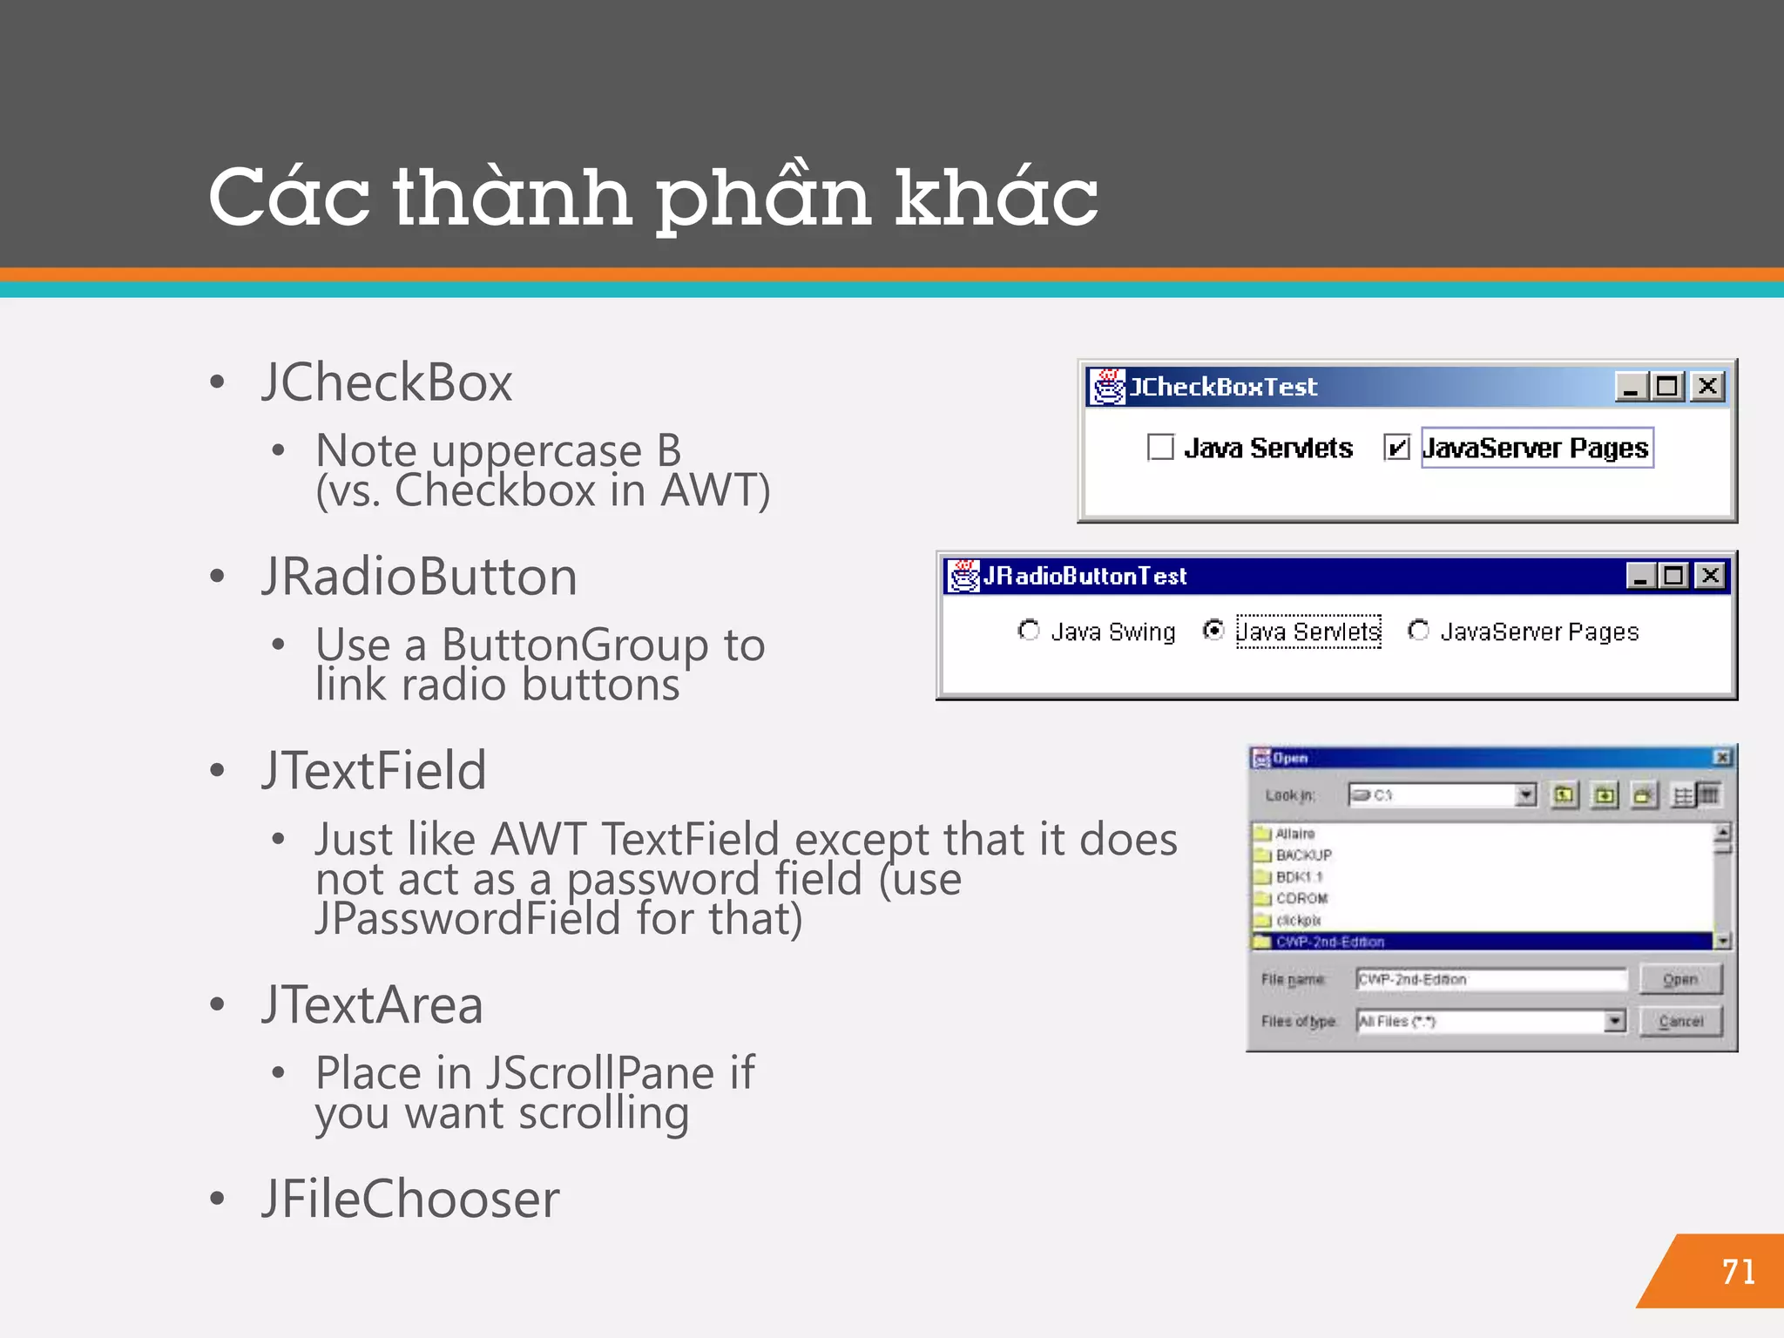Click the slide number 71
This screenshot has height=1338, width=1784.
tap(1739, 1272)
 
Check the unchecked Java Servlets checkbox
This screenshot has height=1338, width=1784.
tap(1160, 448)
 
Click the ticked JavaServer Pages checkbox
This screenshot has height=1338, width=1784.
tap(1396, 448)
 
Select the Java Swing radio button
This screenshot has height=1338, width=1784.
tap(1029, 630)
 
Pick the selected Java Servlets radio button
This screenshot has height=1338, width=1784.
tap(1213, 630)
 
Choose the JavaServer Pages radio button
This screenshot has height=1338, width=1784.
tap(1418, 630)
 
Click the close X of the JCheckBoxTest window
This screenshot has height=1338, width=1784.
tap(1708, 386)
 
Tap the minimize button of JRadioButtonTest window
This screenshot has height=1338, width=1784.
tap(1641, 576)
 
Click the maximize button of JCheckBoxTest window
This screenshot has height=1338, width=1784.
tap(1667, 386)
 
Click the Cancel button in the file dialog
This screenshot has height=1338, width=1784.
tap(1680, 1021)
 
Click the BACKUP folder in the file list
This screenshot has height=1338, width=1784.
tap(1303, 855)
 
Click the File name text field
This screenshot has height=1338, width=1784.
tap(1490, 980)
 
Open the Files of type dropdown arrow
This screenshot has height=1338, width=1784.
tap(1615, 1021)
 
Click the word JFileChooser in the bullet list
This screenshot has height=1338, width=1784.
tap(410, 1199)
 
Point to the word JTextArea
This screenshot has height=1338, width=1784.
tap(372, 1005)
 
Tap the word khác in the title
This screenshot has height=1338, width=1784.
tap(997, 197)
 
